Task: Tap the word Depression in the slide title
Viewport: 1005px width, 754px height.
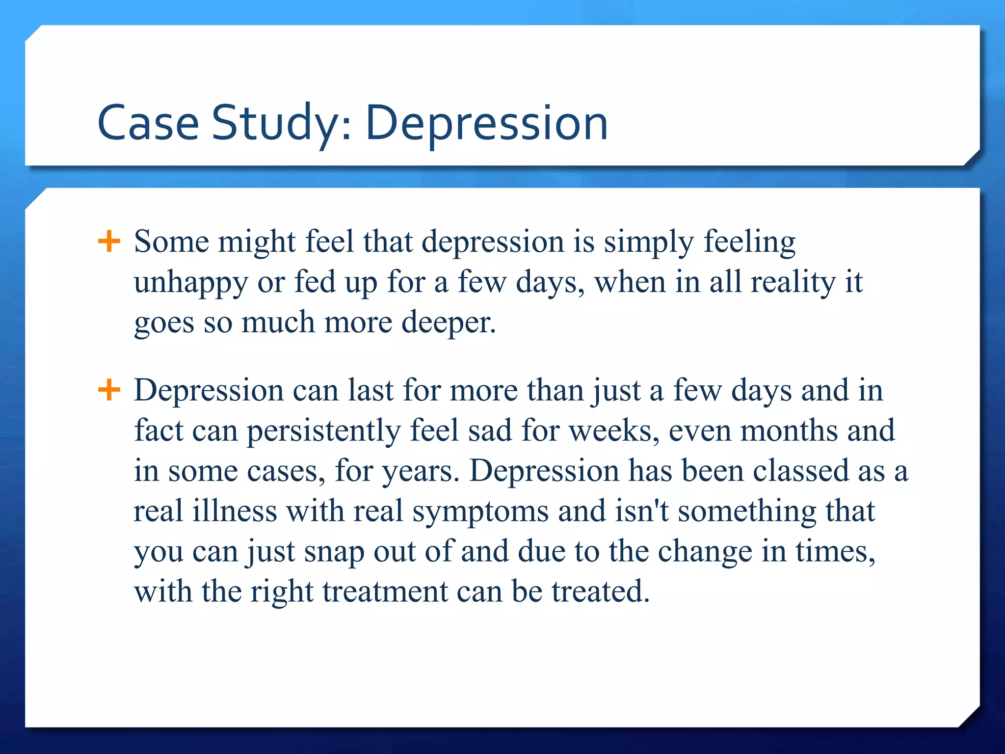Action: click(x=486, y=123)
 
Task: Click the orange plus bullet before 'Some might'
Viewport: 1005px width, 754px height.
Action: click(x=109, y=241)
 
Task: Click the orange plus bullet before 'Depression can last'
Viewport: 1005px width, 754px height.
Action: click(x=109, y=390)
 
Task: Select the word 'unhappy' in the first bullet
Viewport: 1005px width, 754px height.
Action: click(x=191, y=283)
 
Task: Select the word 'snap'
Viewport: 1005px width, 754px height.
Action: click(x=334, y=552)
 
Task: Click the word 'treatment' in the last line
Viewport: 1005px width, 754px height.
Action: click(x=385, y=592)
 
